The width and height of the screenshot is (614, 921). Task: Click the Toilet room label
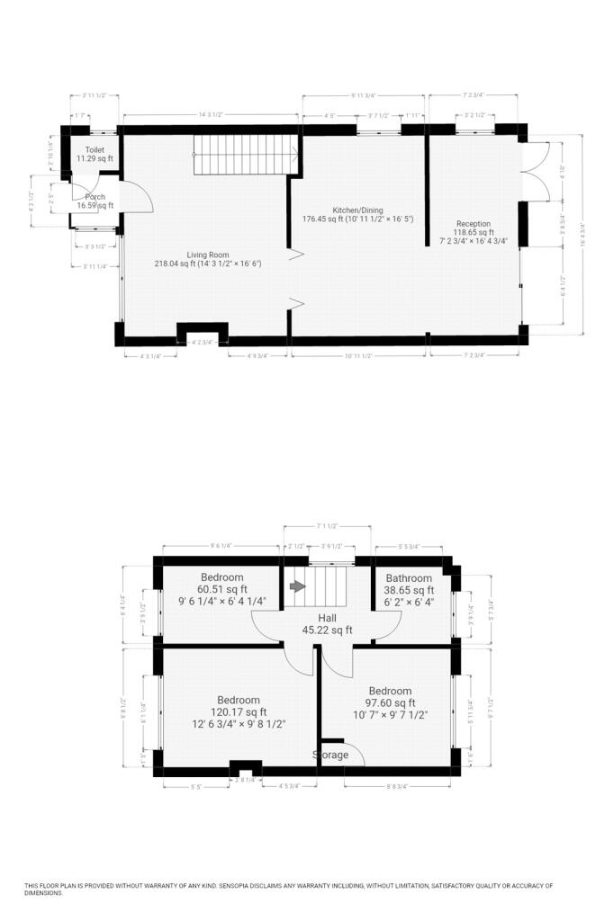click(95, 149)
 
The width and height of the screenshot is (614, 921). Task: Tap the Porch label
click(95, 197)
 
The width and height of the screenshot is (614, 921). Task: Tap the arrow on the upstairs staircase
click(297, 586)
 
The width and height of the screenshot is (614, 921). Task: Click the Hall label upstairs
click(328, 619)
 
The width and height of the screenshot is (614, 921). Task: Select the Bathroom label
click(409, 578)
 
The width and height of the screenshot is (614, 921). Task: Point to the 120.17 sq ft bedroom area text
click(238, 711)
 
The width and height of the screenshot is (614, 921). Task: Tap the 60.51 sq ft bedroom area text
click(221, 590)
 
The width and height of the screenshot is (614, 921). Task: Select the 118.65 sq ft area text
click(473, 232)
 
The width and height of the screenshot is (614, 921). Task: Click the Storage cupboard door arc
click(353, 754)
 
